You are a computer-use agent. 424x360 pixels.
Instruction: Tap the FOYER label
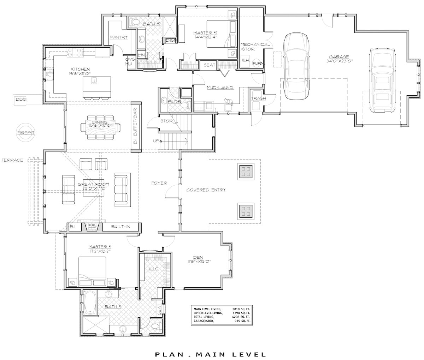tap(159, 183)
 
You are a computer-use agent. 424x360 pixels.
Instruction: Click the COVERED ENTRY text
tap(206, 190)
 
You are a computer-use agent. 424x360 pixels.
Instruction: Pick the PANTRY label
tap(118, 37)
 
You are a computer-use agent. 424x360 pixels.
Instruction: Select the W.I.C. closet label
tap(154, 269)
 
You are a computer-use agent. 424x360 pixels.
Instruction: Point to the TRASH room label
tap(258, 98)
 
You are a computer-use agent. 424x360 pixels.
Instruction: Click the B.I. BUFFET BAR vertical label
tap(136, 127)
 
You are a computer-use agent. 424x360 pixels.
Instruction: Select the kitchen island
tap(96, 87)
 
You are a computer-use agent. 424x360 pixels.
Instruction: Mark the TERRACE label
tap(12, 160)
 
